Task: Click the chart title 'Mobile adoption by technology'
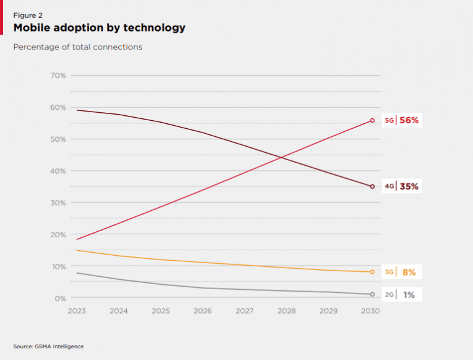(99, 28)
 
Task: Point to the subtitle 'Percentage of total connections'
(78, 47)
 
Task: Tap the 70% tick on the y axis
(59, 76)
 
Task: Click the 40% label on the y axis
(59, 171)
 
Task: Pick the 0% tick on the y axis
(60, 298)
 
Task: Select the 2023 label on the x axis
(76, 311)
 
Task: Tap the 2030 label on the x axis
(371, 311)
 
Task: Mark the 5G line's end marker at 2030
(372, 121)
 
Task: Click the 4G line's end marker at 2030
(372, 186)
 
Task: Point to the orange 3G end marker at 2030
(372, 272)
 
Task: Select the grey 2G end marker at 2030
(372, 294)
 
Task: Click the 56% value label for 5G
(409, 121)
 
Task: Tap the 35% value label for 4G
(409, 186)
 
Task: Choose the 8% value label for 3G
(409, 272)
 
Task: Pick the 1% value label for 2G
(409, 295)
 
